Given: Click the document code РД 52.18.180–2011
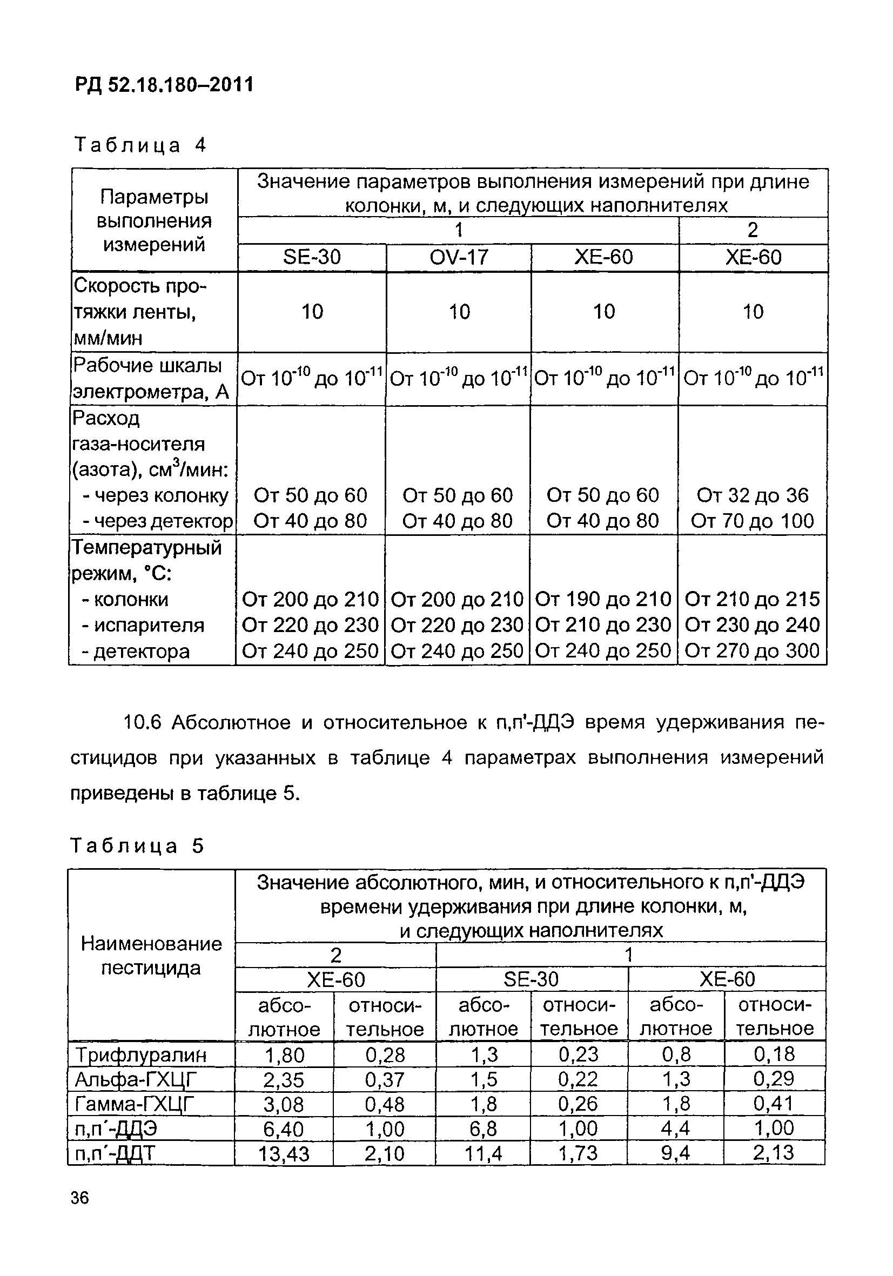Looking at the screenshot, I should coord(164,85).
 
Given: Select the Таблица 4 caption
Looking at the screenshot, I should coord(140,145).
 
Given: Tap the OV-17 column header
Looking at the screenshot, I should coord(459,257).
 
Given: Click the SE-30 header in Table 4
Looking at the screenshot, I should coord(312,257).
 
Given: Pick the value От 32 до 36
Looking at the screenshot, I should coord(753,495).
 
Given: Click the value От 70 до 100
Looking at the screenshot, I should coord(753,521).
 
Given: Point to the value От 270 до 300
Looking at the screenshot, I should coord(753,650).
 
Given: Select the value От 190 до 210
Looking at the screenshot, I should coord(603,599).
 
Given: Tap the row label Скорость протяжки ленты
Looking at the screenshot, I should coord(139,312).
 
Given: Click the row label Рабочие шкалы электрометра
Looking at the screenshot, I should coord(150,379).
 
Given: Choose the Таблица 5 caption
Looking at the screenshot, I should coord(137,846).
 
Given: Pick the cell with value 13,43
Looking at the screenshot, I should coord(284,1154).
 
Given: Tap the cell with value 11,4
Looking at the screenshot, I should coord(483,1154).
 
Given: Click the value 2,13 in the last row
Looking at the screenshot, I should coord(774,1153).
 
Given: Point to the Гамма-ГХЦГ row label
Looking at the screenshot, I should coord(136,1104).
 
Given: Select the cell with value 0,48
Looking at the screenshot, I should coord(385,1104).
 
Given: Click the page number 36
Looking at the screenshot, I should coord(79,1198).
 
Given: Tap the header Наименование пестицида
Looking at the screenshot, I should coord(151,956).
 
